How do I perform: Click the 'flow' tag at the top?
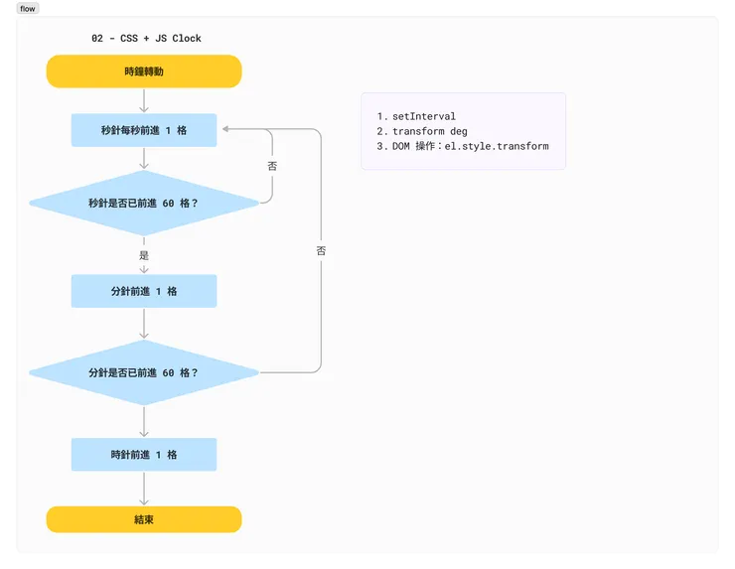(28, 9)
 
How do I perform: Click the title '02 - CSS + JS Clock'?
(146, 39)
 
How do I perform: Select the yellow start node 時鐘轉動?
(144, 71)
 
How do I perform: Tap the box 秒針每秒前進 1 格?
(144, 130)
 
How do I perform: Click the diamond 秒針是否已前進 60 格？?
(144, 203)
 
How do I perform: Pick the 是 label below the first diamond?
(144, 255)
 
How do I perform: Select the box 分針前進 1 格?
(144, 291)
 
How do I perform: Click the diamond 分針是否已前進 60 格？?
(144, 372)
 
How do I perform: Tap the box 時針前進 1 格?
(144, 455)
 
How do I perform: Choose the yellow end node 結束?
(144, 519)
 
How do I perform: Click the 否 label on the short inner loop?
(272, 167)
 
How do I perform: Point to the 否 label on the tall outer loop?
(321, 251)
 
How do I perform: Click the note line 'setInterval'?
(423, 116)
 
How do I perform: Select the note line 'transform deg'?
(429, 131)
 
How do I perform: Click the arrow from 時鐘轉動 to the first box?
(144, 100)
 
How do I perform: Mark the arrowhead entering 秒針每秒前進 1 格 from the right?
(225, 129)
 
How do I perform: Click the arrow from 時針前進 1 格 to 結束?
(144, 489)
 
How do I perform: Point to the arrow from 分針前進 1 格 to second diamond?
(144, 324)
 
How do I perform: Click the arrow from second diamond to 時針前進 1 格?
(144, 421)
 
